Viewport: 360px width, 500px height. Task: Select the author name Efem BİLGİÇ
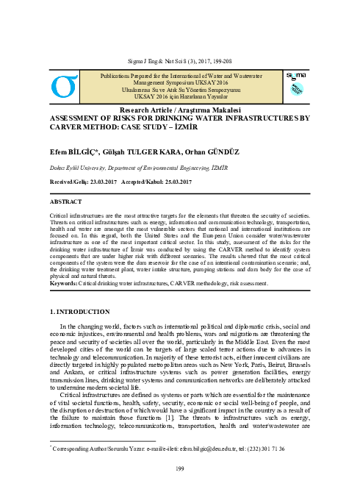pos(54,146)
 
